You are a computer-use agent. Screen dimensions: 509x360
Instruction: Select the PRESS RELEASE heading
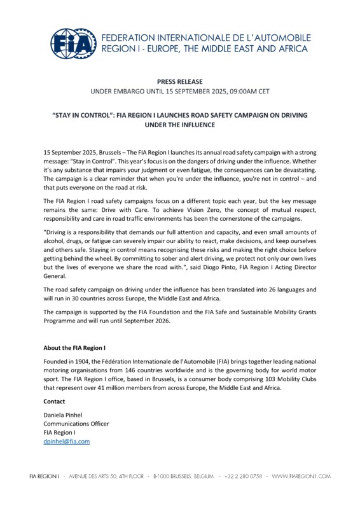click(180, 81)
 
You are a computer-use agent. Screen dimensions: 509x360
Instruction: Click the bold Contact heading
click(55, 401)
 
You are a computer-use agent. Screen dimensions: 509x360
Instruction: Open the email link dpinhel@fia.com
click(66, 441)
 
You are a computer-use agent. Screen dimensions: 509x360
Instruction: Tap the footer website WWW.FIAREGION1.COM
click(301, 475)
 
